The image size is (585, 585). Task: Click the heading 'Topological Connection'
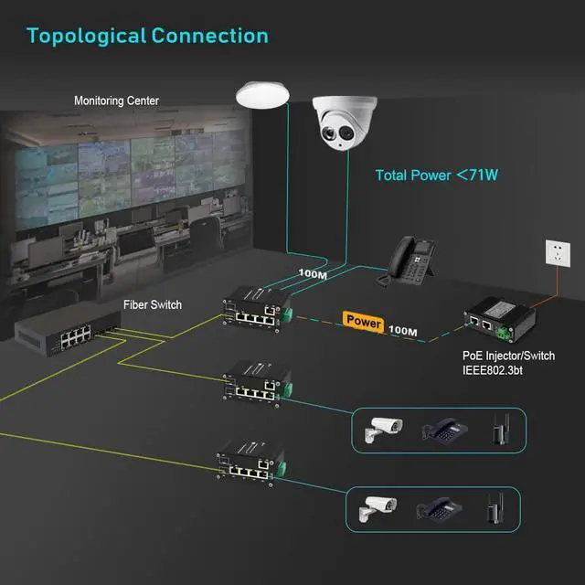pyautogui.click(x=147, y=37)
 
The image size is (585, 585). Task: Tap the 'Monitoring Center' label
pyautogui.click(x=115, y=101)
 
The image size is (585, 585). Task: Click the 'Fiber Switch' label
pyautogui.click(x=153, y=304)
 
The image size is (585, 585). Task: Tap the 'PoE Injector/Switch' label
pyautogui.click(x=508, y=356)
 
